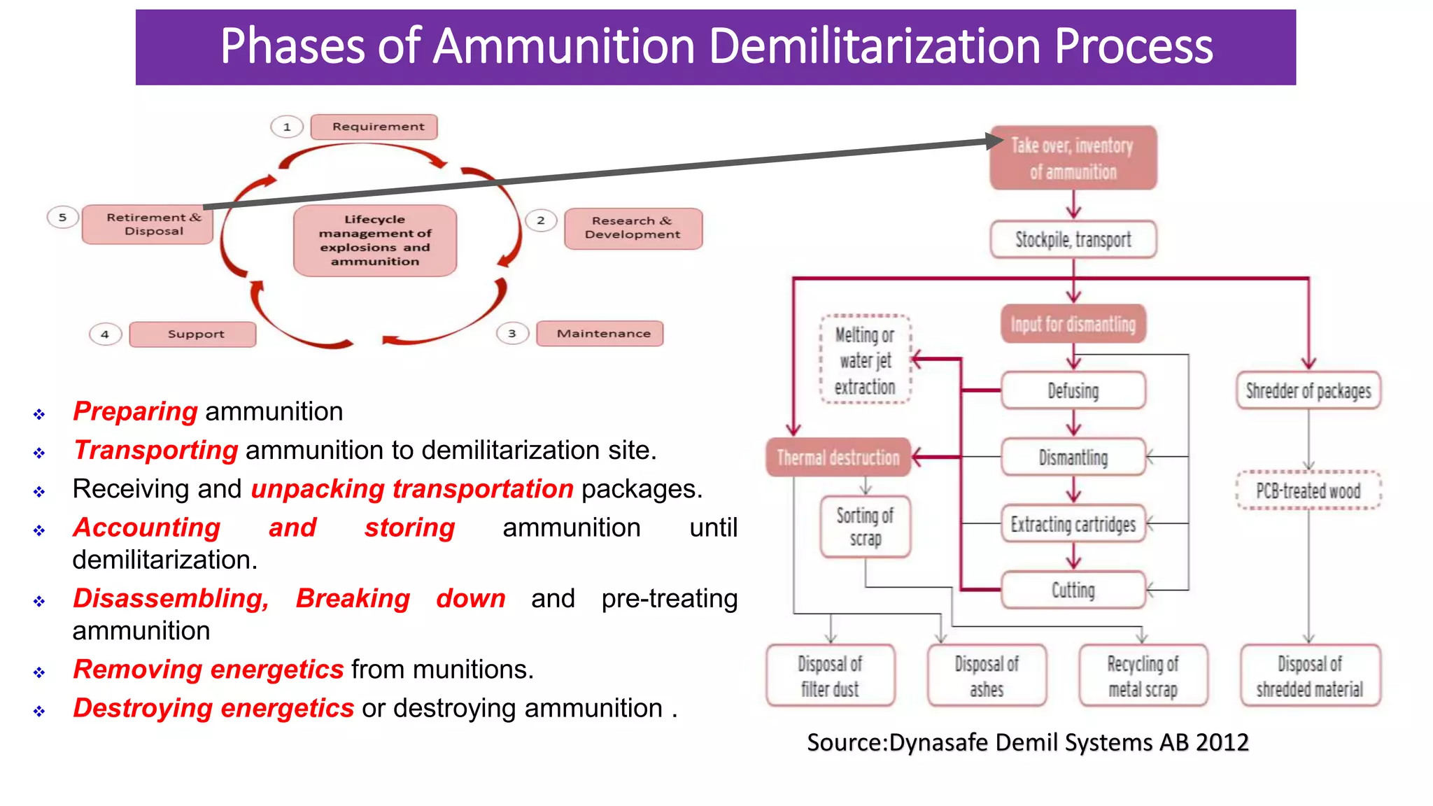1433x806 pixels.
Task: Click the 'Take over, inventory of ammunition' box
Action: (x=1073, y=158)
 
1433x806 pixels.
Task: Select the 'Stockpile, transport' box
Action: (x=1073, y=240)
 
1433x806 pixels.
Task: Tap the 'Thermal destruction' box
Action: (x=838, y=458)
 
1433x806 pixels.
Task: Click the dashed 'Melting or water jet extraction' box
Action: (x=866, y=360)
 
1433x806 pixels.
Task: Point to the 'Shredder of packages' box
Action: (x=1308, y=390)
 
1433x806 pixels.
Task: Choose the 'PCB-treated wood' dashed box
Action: (x=1308, y=490)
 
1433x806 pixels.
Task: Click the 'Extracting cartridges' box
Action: (x=1073, y=524)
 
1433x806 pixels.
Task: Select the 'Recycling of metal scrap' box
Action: (x=1143, y=676)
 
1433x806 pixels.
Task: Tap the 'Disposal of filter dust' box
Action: (x=830, y=676)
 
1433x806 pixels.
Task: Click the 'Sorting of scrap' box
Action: (x=866, y=527)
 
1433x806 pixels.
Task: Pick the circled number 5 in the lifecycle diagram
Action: (x=62, y=218)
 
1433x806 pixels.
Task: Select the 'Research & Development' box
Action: (x=633, y=228)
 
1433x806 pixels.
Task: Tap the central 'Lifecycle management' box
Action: (x=375, y=241)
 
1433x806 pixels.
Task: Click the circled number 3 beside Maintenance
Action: (x=512, y=334)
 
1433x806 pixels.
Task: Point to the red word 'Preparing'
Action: (x=135, y=411)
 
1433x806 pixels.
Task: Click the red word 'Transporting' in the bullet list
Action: (x=155, y=450)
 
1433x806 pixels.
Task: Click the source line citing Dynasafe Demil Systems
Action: (x=1027, y=742)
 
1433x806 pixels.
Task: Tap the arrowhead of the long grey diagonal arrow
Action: (x=995, y=141)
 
